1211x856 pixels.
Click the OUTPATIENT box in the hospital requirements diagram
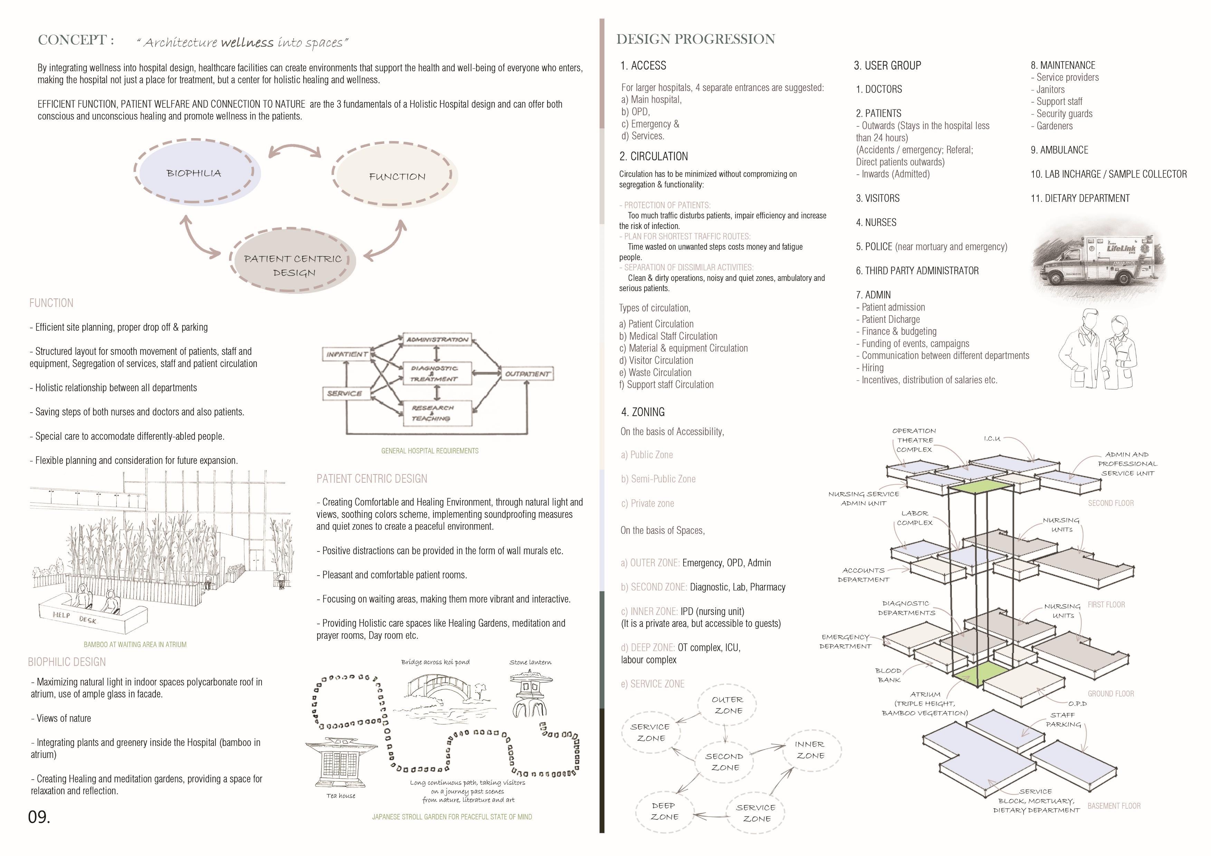pos(526,373)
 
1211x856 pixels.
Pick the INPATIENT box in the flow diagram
pos(346,354)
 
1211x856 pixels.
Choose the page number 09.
pos(39,817)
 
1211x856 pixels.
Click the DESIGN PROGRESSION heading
pos(695,39)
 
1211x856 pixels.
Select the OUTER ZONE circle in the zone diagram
pos(727,705)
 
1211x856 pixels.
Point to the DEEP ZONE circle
pos(664,811)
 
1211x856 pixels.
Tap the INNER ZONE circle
pos(810,749)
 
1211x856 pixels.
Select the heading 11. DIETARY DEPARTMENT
pos(1080,198)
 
